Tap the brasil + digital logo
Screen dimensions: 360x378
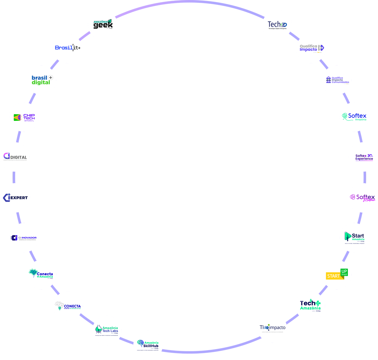(41, 80)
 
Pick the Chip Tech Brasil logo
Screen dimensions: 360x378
(24, 117)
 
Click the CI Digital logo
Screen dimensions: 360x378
(15, 157)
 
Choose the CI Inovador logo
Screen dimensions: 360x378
(23, 238)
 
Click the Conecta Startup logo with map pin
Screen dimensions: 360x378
(68, 306)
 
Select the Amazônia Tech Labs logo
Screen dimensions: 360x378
(107, 330)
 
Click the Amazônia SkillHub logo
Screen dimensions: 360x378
(148, 345)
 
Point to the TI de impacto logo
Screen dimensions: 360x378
(272, 327)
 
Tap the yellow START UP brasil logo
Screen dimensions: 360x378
(336, 275)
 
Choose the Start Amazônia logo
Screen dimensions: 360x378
(354, 238)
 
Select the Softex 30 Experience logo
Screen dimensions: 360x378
(363, 157)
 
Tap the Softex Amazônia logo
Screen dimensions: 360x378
(354, 117)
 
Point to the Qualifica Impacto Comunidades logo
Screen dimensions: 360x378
(336, 80)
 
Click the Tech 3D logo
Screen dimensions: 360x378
(277, 25)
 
